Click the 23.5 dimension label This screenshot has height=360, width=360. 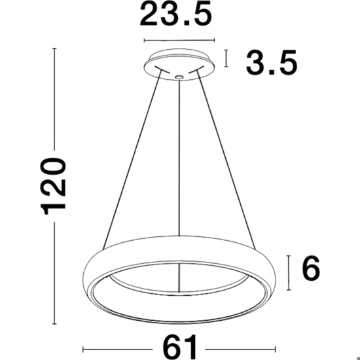pyautogui.click(x=175, y=14)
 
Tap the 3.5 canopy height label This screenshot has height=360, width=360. pyautogui.click(x=272, y=63)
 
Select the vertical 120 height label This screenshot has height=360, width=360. pyautogui.click(x=53, y=186)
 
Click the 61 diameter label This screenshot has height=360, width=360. pyautogui.click(x=180, y=347)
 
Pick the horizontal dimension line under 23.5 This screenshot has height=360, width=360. pyautogui.click(x=179, y=41)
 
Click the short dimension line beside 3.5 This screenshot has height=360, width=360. pyautogui.click(x=226, y=58)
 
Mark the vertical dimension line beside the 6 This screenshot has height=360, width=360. pyautogui.click(x=289, y=273)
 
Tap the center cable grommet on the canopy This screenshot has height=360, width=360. pyautogui.click(x=179, y=77)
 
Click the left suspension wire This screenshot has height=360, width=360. pyautogui.click(x=132, y=160)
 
